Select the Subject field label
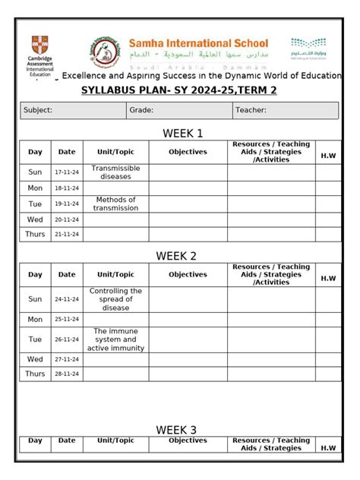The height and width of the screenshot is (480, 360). click(x=38, y=111)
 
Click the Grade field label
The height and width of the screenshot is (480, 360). click(x=141, y=111)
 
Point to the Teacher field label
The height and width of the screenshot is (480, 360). click(x=251, y=111)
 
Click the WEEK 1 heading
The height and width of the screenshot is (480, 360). click(x=182, y=134)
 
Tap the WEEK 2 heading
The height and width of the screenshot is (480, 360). click(x=176, y=256)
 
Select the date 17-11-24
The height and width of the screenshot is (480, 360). click(x=67, y=172)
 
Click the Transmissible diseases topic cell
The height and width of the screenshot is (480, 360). click(x=115, y=172)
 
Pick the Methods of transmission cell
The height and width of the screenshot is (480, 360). click(x=115, y=204)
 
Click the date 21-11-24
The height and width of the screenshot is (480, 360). click(x=67, y=235)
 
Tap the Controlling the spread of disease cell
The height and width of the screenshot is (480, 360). click(x=115, y=299)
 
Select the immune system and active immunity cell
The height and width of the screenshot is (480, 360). click(x=115, y=339)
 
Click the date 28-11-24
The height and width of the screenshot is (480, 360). click(x=67, y=374)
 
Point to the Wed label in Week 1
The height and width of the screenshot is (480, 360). click(x=35, y=219)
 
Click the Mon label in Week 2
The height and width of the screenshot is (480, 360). click(x=35, y=320)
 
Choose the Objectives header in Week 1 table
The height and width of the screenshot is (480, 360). click(x=188, y=152)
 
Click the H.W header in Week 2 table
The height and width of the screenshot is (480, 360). click(x=328, y=278)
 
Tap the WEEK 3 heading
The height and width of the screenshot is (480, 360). click(x=176, y=430)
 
